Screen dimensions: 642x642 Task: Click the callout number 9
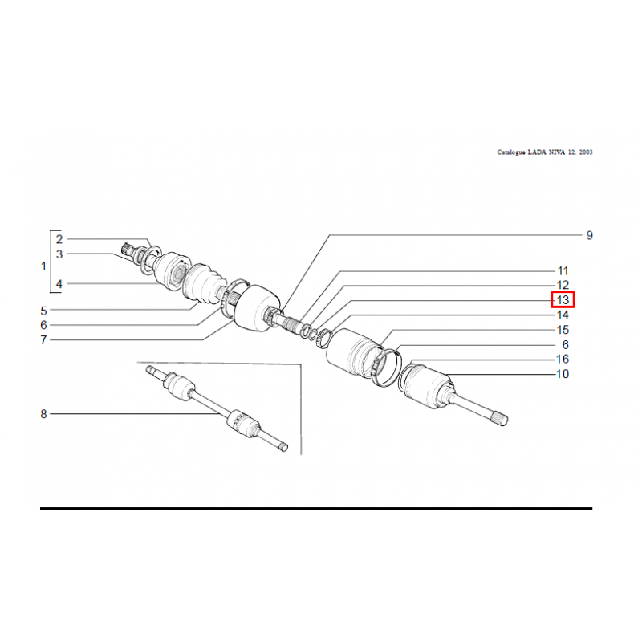point(589,235)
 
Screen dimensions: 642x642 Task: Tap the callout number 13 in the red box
point(563,299)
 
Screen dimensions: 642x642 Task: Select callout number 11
point(563,270)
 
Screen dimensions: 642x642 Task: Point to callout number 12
point(563,285)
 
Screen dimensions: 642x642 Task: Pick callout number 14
point(563,315)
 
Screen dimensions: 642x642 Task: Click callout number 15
point(563,330)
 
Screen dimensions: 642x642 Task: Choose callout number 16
point(563,359)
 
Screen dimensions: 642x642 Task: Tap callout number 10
point(563,374)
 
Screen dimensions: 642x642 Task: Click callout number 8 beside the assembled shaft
point(43,414)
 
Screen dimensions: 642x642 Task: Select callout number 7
point(43,339)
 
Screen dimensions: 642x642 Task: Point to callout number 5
point(43,311)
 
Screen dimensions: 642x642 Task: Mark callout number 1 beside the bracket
point(44,266)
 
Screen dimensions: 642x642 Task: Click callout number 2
point(59,239)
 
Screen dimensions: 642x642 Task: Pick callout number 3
point(59,254)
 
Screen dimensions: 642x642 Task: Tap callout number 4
point(59,284)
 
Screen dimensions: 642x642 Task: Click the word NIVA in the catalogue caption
point(557,152)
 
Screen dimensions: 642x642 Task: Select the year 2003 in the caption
point(586,152)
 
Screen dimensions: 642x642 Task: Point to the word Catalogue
point(511,152)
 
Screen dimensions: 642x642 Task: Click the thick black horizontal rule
point(316,509)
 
